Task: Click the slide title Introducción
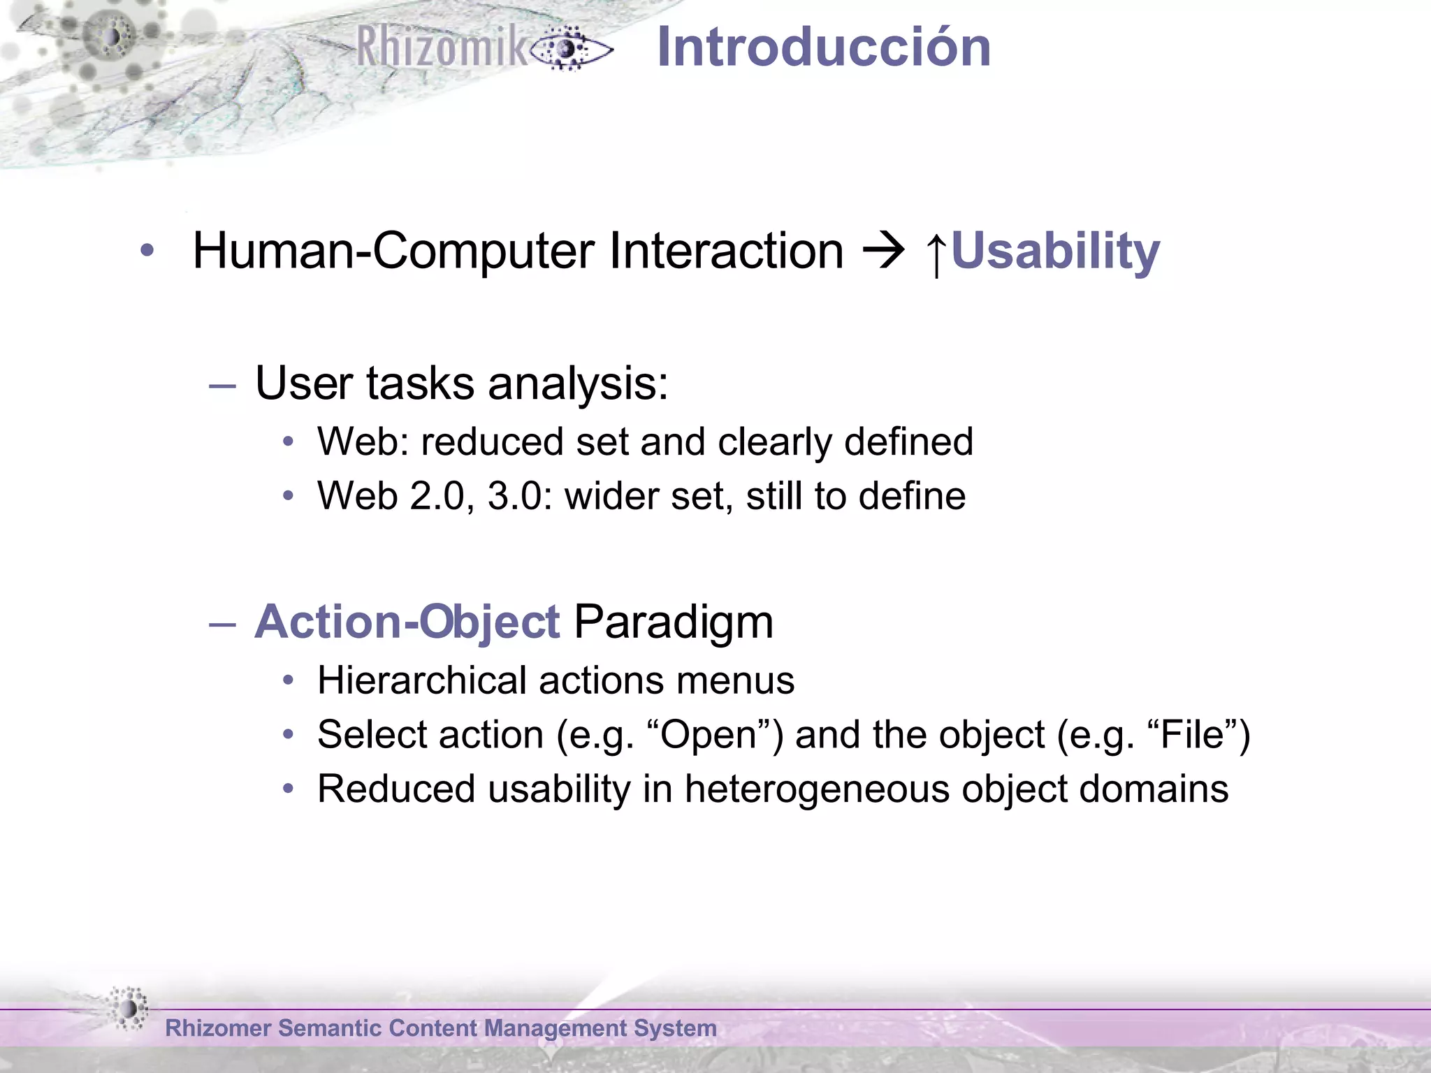[x=824, y=47]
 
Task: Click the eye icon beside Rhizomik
[x=570, y=49]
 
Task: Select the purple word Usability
[x=1055, y=251]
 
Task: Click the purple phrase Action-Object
[x=407, y=622]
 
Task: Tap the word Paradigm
[x=673, y=622]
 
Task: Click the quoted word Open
[x=709, y=735]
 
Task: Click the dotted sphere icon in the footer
[x=129, y=1008]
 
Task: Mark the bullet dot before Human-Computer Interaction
[x=147, y=251]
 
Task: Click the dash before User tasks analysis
[x=223, y=385]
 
